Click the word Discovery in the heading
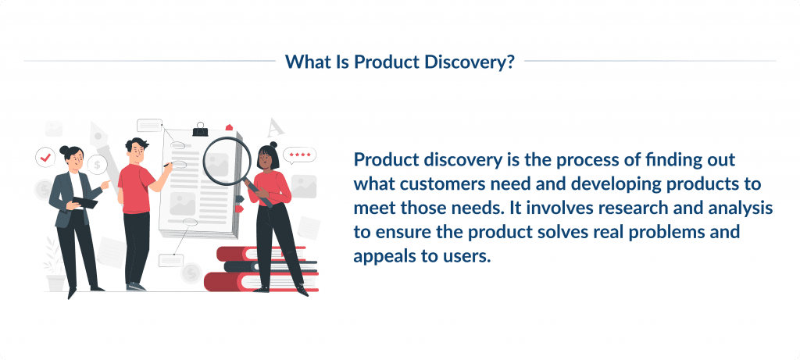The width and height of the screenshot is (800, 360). click(473, 62)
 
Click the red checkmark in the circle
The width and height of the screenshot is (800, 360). click(45, 158)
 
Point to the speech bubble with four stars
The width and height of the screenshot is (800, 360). click(299, 155)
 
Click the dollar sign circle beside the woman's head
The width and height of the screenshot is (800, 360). click(98, 165)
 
